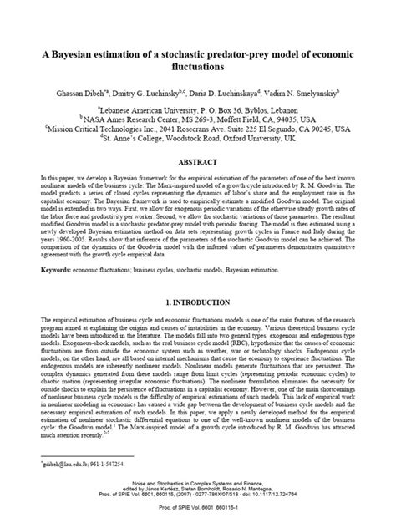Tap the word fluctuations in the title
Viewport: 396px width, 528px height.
coord(198,71)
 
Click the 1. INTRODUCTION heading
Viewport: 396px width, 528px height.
coord(198,299)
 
